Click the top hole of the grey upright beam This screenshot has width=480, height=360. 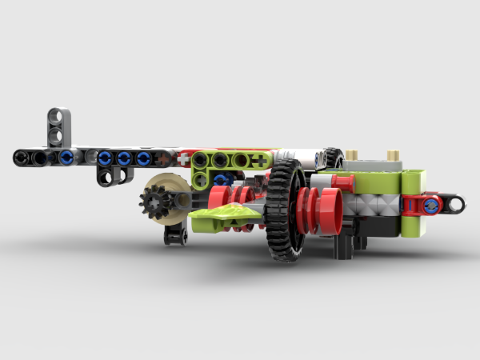click(x=58, y=117)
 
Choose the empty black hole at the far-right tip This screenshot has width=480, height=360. click(x=456, y=204)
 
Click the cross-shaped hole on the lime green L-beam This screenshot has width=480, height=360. click(x=259, y=161)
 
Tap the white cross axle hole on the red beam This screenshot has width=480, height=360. click(x=184, y=159)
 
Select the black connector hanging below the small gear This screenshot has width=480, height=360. click(x=175, y=234)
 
